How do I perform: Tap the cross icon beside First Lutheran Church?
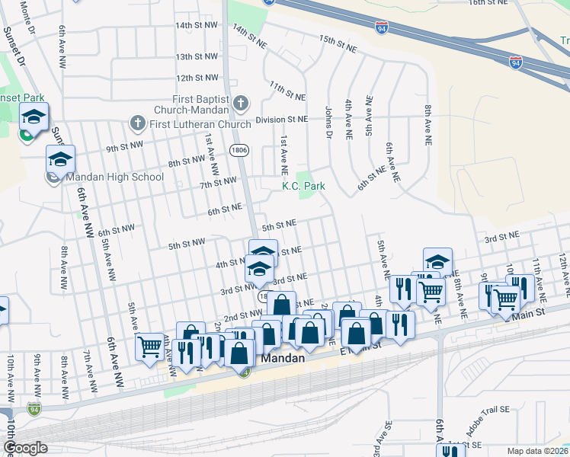pos(138,123)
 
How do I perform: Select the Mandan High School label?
pos(115,177)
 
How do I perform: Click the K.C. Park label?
pos(304,186)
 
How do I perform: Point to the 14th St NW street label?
pos(196,25)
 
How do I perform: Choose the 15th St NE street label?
pos(338,43)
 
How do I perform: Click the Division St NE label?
pos(282,120)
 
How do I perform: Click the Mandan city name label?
pos(284,357)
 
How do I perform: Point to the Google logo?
pos(25,448)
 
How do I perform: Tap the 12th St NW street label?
pos(197,78)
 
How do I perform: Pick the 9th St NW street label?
pos(126,147)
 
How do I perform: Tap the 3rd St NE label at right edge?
pos(501,238)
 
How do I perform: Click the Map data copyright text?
pos(538,450)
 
